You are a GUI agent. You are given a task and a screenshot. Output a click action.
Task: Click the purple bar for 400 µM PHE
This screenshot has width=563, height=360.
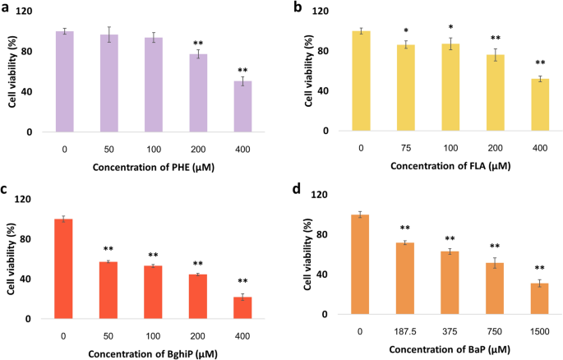242,107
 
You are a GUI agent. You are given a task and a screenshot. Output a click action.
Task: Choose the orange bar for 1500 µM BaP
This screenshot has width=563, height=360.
538,298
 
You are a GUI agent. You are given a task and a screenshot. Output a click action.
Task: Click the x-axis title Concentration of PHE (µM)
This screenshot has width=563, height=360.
153,171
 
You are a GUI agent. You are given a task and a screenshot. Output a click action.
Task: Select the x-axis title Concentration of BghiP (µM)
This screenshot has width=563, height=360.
153,354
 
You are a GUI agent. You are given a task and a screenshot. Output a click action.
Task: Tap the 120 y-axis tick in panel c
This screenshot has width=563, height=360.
31,200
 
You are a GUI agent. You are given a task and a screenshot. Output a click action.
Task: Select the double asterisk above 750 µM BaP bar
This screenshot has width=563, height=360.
493,247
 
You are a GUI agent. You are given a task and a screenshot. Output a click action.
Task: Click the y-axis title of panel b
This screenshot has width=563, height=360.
311,72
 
